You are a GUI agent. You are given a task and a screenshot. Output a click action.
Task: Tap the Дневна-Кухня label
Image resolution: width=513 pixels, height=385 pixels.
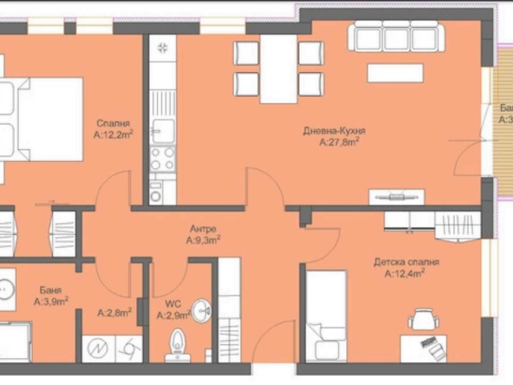(x=332, y=131)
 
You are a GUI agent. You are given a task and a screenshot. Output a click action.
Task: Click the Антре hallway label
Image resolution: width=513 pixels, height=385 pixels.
(x=203, y=229)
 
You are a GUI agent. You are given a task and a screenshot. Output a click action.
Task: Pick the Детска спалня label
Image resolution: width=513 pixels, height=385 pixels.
(x=406, y=261)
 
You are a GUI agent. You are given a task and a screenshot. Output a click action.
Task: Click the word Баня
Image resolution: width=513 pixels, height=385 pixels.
(x=49, y=291)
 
